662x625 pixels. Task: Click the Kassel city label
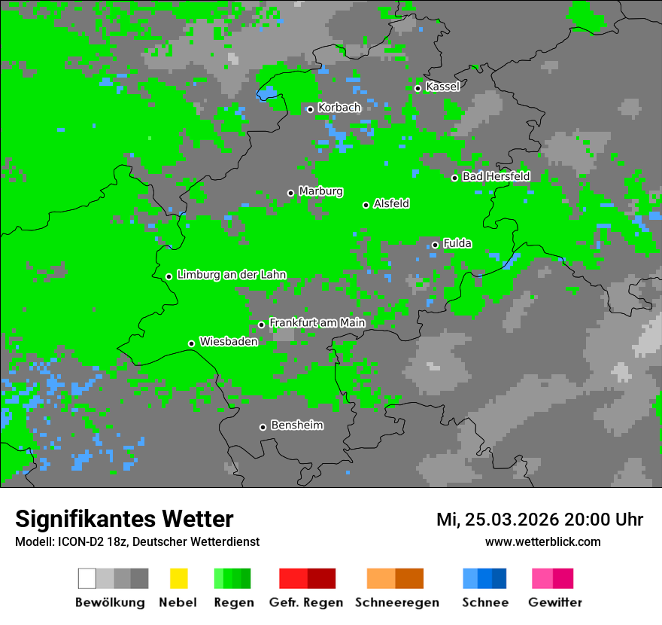tap(442, 87)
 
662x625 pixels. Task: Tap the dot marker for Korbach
tap(310, 109)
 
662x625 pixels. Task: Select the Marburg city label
tap(320, 191)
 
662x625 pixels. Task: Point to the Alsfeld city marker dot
tap(366, 205)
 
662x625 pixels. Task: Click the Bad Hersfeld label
tap(496, 176)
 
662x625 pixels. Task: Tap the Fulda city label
tap(457, 243)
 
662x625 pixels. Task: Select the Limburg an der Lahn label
tap(231, 275)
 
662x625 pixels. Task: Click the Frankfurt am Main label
tap(317, 322)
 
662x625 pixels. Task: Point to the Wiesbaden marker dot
tap(192, 343)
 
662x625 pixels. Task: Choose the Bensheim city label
tap(296, 425)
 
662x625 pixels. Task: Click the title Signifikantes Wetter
tap(124, 519)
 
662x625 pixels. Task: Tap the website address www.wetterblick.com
tap(542, 541)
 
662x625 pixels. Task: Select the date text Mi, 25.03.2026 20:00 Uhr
tap(539, 520)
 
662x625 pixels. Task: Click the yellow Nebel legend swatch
tap(178, 578)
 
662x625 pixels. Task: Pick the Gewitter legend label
tap(554, 602)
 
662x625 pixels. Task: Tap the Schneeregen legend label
tap(396, 602)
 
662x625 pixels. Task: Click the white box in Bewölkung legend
tap(87, 578)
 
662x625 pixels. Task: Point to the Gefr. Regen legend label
tap(306, 602)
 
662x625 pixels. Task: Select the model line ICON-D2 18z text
tap(137, 541)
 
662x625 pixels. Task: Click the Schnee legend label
tap(484, 602)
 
